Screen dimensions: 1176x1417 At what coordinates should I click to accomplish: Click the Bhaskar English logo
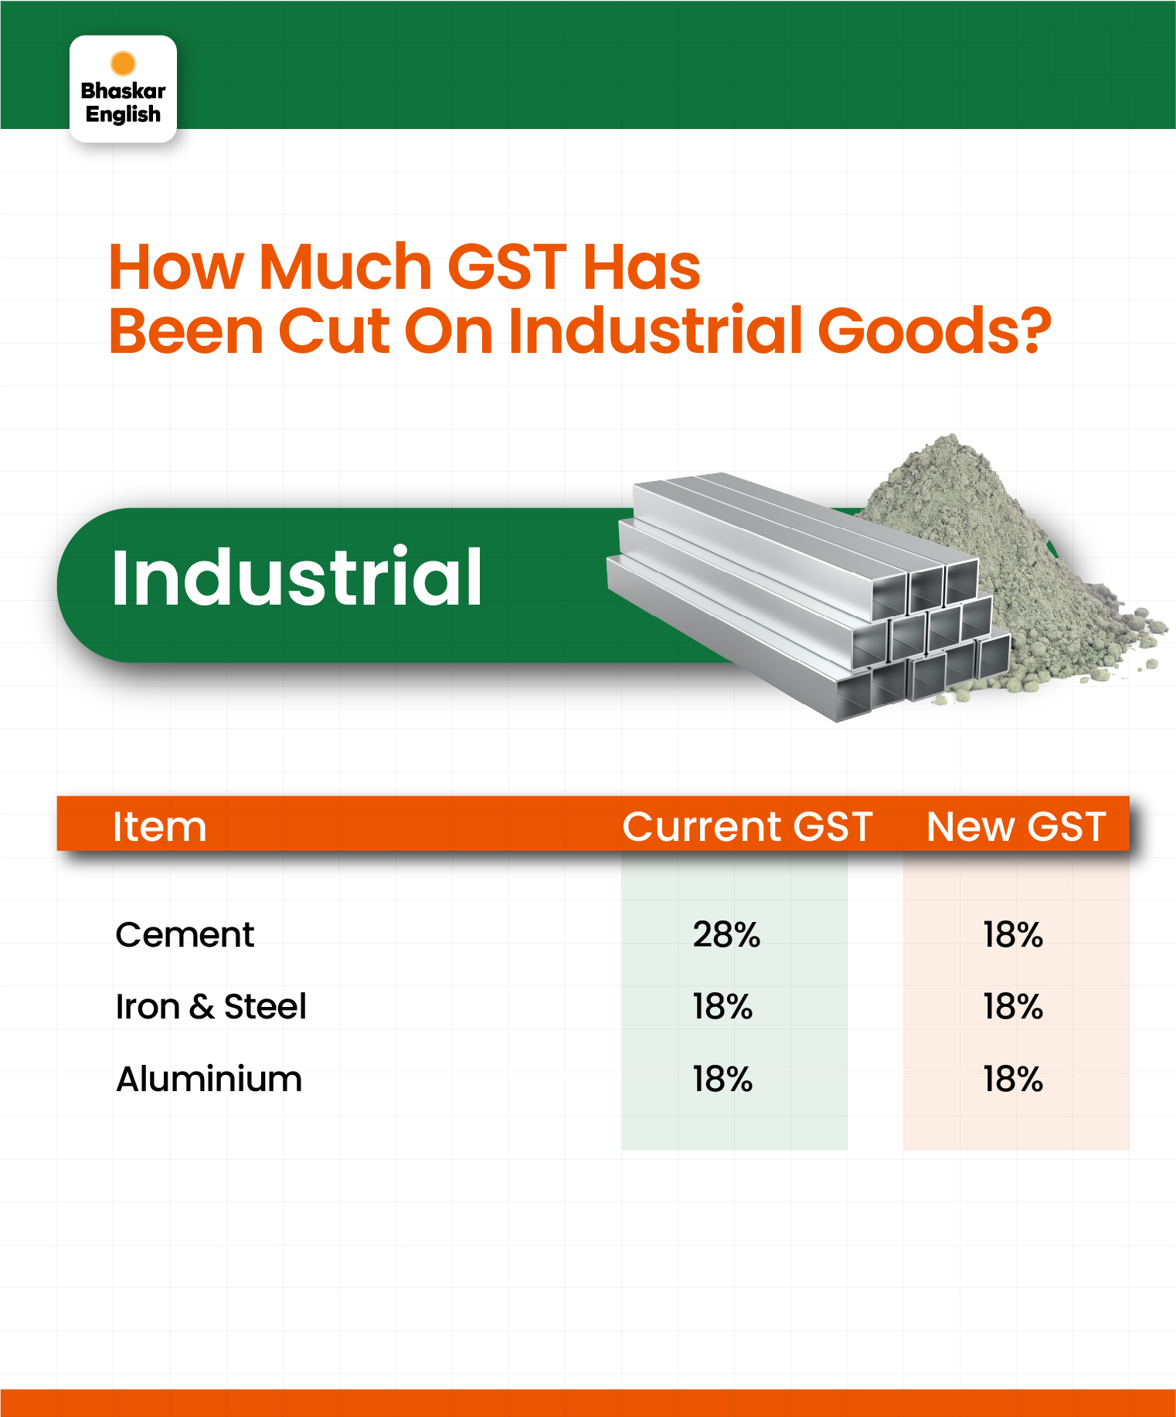(x=123, y=89)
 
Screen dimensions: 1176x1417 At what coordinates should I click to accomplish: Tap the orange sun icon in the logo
(x=123, y=63)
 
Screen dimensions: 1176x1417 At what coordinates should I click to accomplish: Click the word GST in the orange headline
(x=508, y=267)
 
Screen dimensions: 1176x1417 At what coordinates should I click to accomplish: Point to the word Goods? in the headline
(x=934, y=331)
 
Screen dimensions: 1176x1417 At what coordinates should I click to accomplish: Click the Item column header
(x=160, y=826)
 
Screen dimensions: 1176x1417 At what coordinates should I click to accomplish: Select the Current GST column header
(x=747, y=826)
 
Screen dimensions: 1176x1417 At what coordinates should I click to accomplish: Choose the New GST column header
(x=1016, y=826)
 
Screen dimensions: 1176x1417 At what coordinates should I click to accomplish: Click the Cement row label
(x=185, y=934)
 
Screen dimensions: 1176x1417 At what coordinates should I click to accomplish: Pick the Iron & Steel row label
(x=211, y=1006)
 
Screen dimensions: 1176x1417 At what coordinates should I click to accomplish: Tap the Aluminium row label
(x=209, y=1079)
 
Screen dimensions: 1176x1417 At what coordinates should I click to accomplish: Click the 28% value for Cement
(x=726, y=934)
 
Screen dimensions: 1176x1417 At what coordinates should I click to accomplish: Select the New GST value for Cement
(x=1013, y=934)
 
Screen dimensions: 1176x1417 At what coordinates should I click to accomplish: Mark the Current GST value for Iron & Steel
(x=722, y=1006)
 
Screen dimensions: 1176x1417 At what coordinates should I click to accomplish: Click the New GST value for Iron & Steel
(x=1013, y=1006)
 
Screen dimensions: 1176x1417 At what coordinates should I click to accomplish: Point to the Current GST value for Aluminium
(x=722, y=1079)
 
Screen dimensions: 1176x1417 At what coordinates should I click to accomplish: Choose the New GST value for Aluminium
(x=1013, y=1079)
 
